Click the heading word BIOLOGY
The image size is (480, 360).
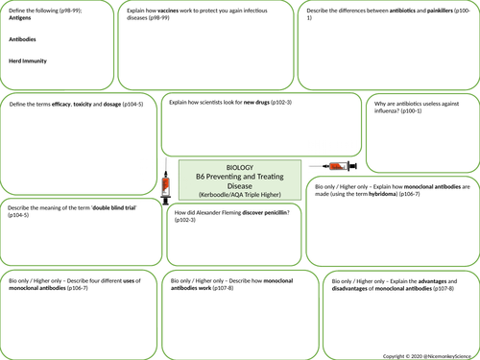pyautogui.click(x=234, y=165)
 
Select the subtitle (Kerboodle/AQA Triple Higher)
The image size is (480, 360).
pyautogui.click(x=234, y=195)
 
